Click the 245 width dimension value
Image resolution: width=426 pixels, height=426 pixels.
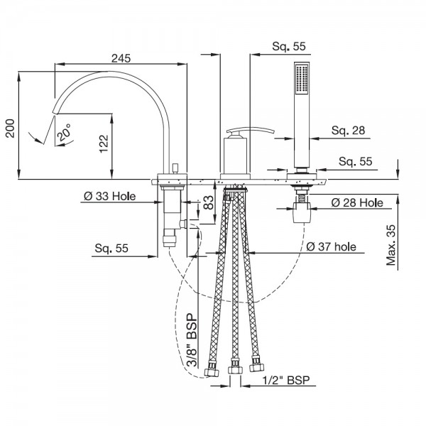(121, 60)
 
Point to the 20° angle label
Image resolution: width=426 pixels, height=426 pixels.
(64, 133)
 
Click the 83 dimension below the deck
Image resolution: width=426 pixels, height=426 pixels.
(207, 204)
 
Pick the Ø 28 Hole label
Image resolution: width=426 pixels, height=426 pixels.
(357, 203)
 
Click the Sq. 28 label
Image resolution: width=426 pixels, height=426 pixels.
(348, 130)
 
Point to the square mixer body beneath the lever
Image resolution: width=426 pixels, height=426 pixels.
(234, 156)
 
